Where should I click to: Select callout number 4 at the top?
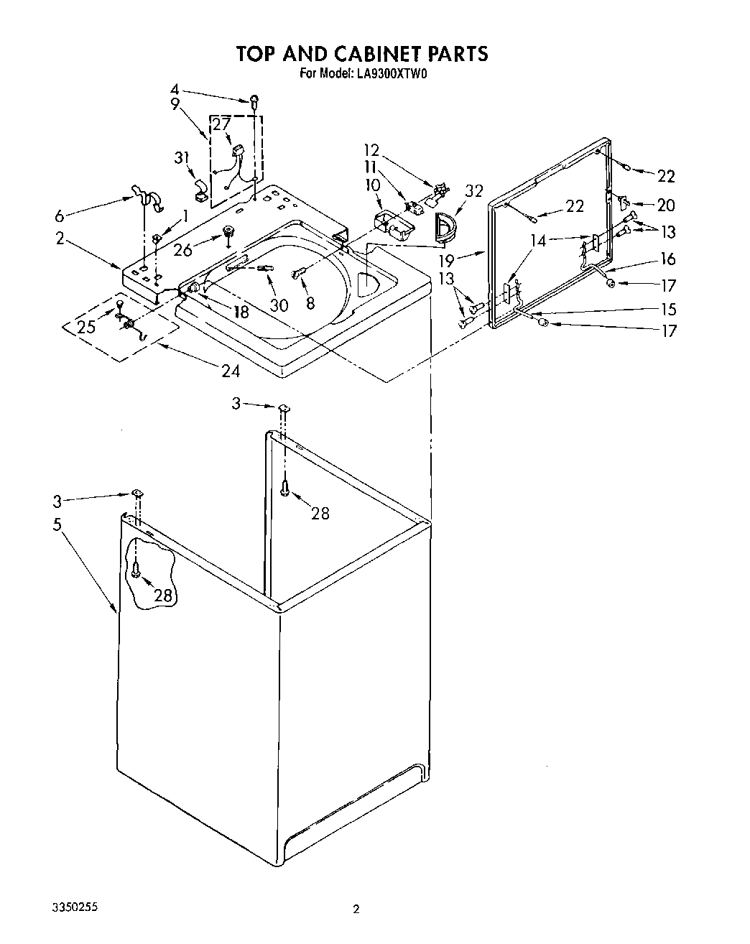coord(175,90)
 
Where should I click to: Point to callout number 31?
coord(182,158)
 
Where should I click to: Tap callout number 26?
coord(183,251)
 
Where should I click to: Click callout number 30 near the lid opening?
coord(279,305)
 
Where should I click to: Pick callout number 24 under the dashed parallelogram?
coord(230,371)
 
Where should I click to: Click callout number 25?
coord(86,328)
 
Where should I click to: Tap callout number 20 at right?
coord(666,205)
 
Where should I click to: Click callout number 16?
coord(668,259)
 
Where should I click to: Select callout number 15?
coord(669,309)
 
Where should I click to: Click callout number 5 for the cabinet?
coord(57,524)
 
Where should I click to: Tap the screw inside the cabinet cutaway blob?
coord(136,570)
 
